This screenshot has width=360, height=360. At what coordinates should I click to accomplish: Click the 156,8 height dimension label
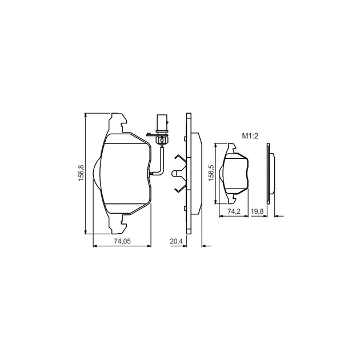[x=81, y=174]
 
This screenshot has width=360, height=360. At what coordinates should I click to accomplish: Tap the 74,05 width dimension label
[x=122, y=241]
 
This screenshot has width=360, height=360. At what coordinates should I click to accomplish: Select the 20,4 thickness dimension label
[x=177, y=241]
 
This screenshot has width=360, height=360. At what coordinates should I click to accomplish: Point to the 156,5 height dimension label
[x=211, y=173]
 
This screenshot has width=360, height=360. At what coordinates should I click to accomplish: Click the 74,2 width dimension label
[x=234, y=211]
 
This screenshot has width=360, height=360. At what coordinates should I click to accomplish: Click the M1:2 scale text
[x=250, y=136]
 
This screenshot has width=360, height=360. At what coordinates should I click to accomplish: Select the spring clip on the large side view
[x=180, y=172]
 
